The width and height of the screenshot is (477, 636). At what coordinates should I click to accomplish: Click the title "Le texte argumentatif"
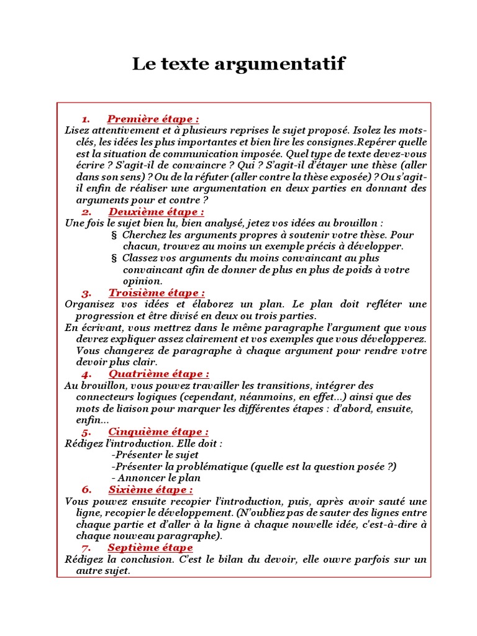click(x=238, y=63)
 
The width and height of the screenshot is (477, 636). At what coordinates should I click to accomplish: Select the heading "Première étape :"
click(x=153, y=119)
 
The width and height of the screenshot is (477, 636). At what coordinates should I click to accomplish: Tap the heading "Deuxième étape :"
click(x=156, y=212)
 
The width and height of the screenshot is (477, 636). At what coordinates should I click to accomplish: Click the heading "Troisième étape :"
click(x=157, y=293)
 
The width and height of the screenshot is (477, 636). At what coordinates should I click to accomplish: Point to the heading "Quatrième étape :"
click(x=158, y=373)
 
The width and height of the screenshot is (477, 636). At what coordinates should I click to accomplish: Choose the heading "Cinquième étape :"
click(x=158, y=432)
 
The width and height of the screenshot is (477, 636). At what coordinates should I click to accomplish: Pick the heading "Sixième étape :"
click(x=150, y=489)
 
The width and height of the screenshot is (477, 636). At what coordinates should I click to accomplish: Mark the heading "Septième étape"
click(x=150, y=548)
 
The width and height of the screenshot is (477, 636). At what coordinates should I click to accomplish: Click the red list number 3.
click(x=86, y=293)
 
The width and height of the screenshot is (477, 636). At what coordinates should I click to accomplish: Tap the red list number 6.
click(x=86, y=490)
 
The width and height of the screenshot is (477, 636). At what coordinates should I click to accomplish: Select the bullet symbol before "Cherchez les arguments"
click(x=114, y=235)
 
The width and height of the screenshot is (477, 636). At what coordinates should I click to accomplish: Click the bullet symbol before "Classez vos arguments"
click(x=114, y=258)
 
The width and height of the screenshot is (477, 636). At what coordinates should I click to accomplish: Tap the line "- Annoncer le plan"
click(x=157, y=478)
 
